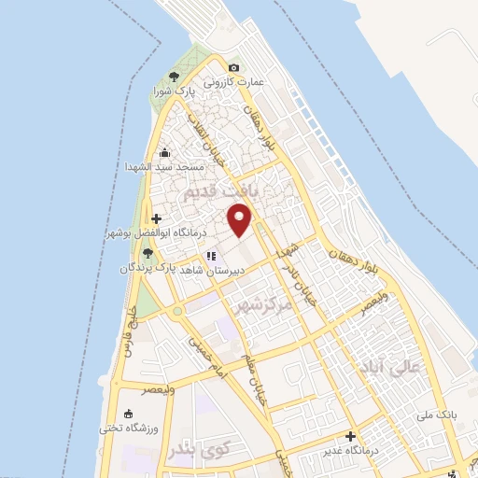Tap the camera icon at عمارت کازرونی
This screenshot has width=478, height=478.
(233, 67)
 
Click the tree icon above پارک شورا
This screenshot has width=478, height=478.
(174, 77)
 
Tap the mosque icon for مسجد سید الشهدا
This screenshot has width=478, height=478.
(165, 153)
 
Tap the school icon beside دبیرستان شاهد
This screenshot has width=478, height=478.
(212, 254)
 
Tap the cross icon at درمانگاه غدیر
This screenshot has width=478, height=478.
(350, 436)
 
